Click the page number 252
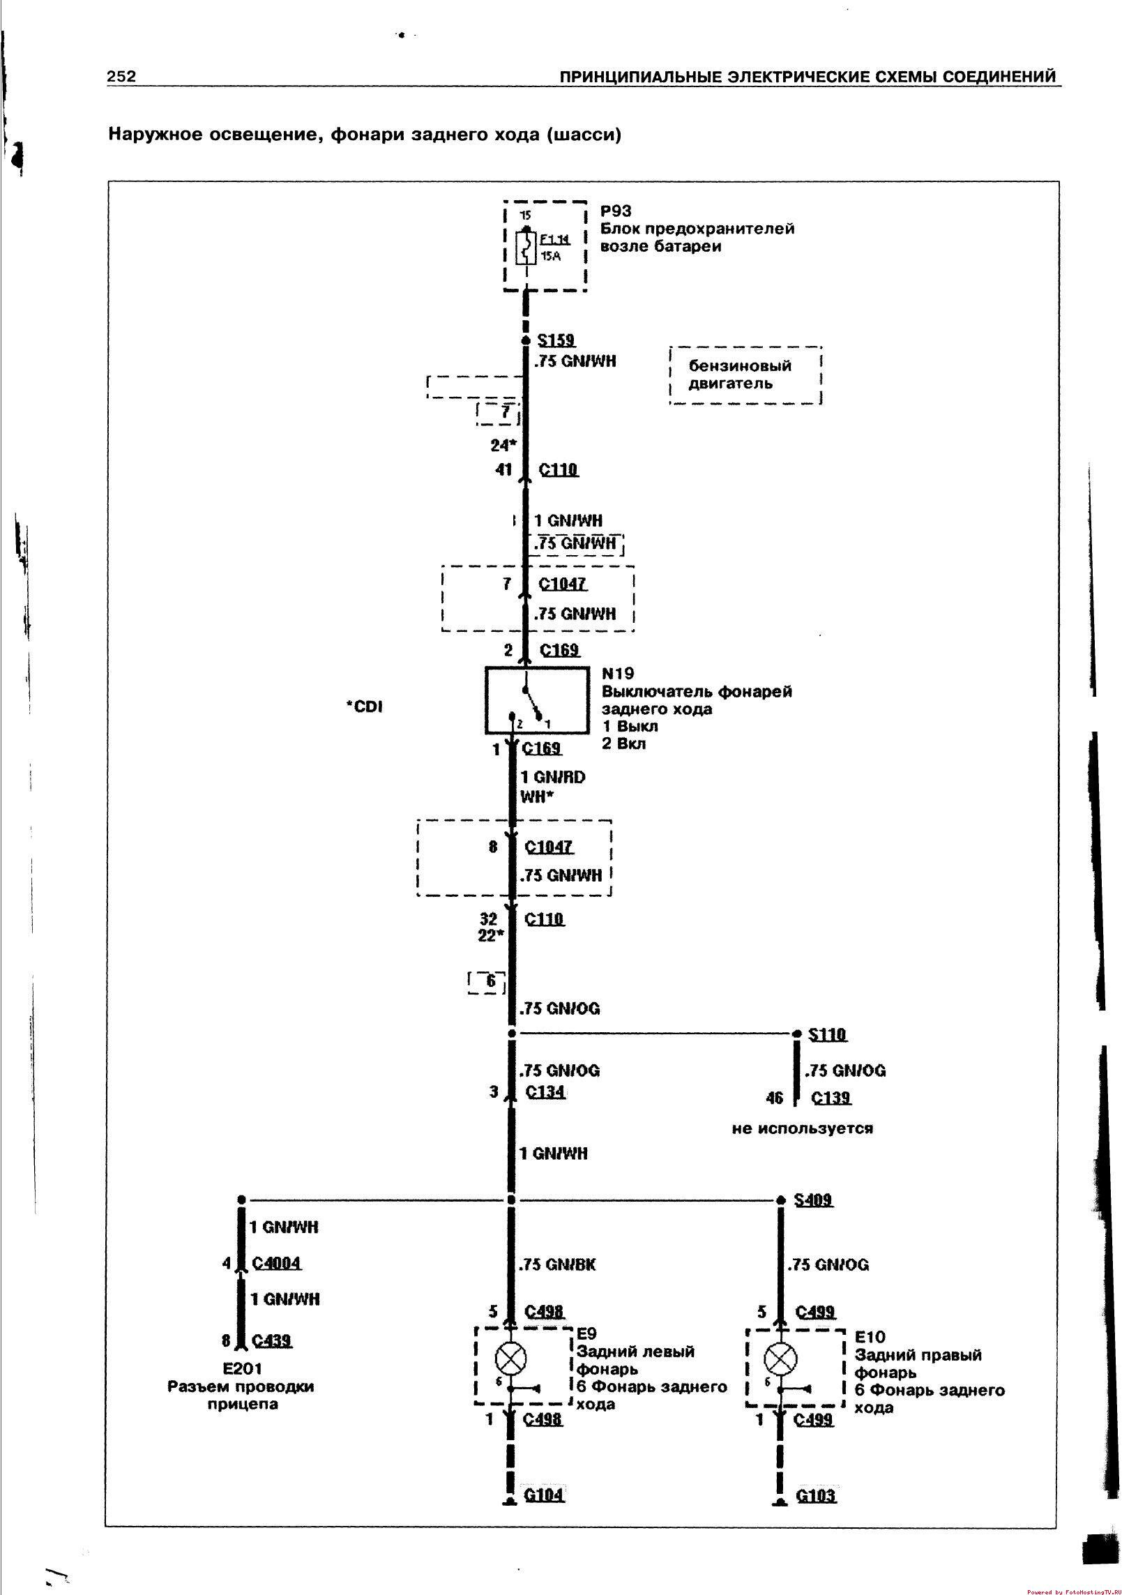coord(121,76)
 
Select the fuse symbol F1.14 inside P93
coord(526,248)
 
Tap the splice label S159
coord(556,340)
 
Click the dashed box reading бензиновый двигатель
coord(745,375)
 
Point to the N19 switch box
coord(536,700)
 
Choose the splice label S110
coord(827,1034)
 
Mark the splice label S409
coord(813,1200)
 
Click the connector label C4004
coord(276,1262)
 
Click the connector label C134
coord(545,1091)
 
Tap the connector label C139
coord(831,1098)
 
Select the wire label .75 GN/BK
coord(557,1264)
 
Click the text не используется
coord(802,1128)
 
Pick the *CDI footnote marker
coord(364,707)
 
